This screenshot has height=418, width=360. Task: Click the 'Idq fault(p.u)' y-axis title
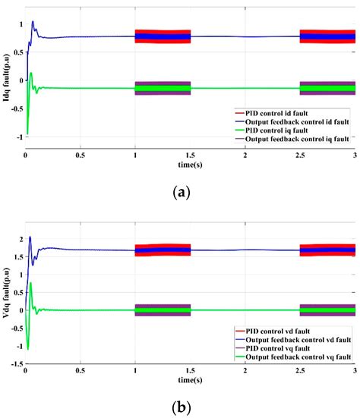point(7,80)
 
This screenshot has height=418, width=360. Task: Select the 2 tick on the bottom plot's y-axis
point(19,239)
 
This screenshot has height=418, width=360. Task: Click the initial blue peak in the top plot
point(33,22)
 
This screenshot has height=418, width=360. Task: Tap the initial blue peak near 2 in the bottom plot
point(30,237)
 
